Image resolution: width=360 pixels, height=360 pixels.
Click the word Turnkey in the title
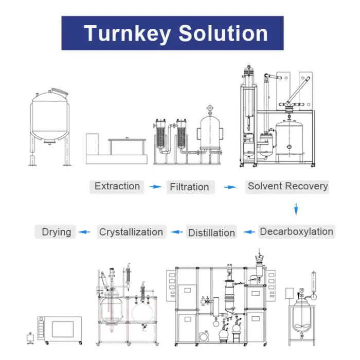pyautogui.click(x=127, y=33)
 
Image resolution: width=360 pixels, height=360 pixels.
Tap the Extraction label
pyautogui.click(x=117, y=186)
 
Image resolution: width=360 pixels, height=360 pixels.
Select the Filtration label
pyautogui.click(x=189, y=187)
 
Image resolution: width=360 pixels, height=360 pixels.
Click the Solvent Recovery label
pyautogui.click(x=287, y=186)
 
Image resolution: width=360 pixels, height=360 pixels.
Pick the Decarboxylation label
pyautogui.click(x=296, y=231)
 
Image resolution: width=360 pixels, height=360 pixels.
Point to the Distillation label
pyautogui.click(x=211, y=232)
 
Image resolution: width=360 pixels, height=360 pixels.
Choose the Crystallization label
pyautogui.click(x=131, y=232)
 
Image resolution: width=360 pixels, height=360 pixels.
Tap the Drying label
pyautogui.click(x=57, y=232)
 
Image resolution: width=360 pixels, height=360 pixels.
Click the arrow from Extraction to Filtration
pyautogui.click(x=155, y=187)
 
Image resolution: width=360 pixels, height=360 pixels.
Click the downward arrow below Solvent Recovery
pyautogui.click(x=296, y=209)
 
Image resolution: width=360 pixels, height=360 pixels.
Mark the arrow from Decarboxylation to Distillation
pyautogui.click(x=249, y=232)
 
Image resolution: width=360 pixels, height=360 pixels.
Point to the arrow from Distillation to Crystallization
pyautogui.click(x=177, y=232)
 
